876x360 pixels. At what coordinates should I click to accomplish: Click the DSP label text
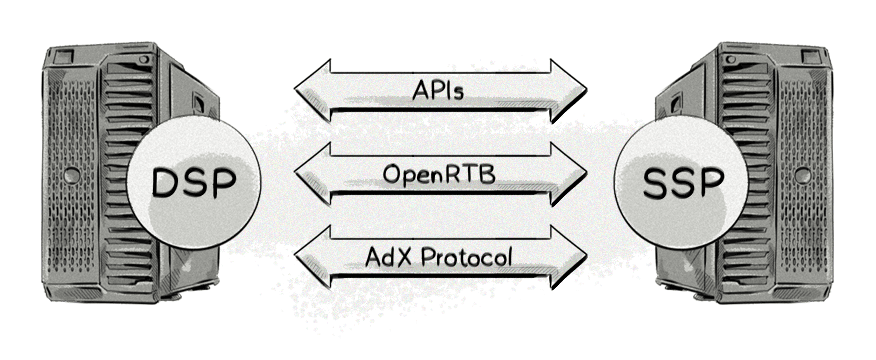(194, 183)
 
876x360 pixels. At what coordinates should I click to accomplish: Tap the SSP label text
(683, 183)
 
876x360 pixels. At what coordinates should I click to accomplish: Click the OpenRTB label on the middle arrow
(439, 174)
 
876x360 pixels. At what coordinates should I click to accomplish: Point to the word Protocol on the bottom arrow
(466, 257)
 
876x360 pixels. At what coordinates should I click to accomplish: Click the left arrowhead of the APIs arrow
(313, 91)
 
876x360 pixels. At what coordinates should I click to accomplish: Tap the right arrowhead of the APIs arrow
(569, 91)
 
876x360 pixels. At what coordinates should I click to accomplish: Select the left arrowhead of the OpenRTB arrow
(313, 174)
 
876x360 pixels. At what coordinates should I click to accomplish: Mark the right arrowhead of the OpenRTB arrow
(569, 174)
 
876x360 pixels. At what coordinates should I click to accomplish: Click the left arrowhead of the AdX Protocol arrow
(313, 257)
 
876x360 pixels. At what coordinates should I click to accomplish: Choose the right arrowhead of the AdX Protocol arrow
(569, 257)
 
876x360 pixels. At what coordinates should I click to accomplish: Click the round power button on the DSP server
(72, 176)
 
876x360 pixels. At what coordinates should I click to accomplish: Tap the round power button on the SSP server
(803, 176)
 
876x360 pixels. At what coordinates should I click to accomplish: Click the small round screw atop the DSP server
(144, 59)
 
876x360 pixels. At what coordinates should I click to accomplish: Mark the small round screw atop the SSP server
(731, 59)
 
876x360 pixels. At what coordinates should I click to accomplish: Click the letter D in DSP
(166, 183)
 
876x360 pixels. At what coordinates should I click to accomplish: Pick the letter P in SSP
(711, 183)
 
